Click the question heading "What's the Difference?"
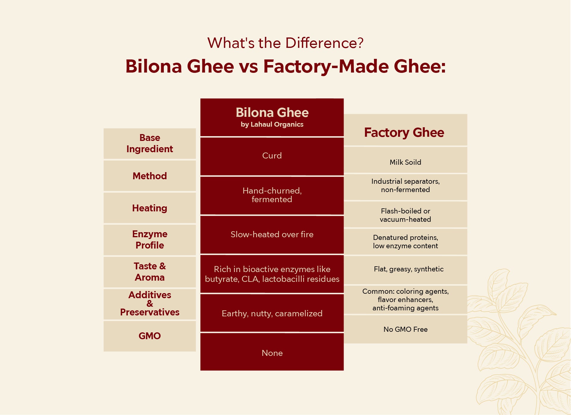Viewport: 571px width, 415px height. click(x=285, y=43)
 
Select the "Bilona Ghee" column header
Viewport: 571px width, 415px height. click(x=272, y=113)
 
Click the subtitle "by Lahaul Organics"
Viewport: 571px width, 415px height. click(x=272, y=125)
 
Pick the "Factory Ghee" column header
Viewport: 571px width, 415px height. click(x=404, y=133)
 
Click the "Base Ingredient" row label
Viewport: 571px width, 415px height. click(x=150, y=143)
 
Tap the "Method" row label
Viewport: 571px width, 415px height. click(x=150, y=176)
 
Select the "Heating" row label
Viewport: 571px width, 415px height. click(x=150, y=208)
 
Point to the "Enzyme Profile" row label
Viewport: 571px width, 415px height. click(x=150, y=240)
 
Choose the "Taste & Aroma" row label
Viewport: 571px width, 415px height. click(x=150, y=272)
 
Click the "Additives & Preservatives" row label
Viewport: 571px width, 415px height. click(x=150, y=304)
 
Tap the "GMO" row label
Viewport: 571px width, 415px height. click(x=150, y=336)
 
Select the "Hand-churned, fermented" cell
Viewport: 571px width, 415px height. click(x=272, y=195)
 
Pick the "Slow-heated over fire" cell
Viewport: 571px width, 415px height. click(x=272, y=235)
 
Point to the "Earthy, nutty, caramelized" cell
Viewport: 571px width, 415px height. click(x=272, y=314)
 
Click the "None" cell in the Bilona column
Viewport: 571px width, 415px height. click(x=272, y=353)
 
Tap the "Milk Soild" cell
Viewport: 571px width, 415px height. click(x=405, y=162)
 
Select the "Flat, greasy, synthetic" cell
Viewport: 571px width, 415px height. click(x=409, y=269)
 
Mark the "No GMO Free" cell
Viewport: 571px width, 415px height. click(x=405, y=329)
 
